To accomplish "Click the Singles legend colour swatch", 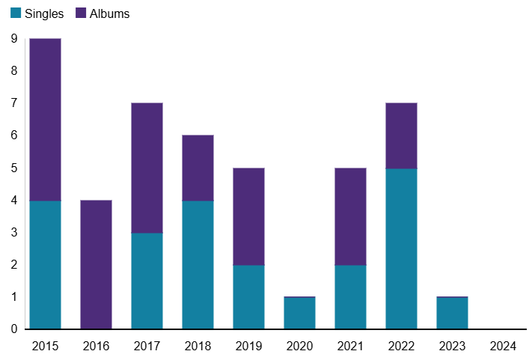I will point(16,13).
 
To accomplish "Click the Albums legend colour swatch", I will point(80,13).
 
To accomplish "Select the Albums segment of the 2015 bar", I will point(46,120).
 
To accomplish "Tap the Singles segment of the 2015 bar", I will point(46,265).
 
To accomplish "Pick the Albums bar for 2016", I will point(97,265).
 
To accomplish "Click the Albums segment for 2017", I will point(147,168).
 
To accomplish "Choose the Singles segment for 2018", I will point(198,265).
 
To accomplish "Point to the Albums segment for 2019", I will point(249,217).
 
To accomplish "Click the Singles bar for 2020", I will point(300,314).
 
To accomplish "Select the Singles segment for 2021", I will point(351,297).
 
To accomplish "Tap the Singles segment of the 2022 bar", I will point(402,249).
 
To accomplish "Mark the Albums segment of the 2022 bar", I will point(402,136).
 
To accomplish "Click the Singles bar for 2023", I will point(453,314).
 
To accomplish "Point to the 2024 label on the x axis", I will point(503,346).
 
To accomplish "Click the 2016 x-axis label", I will point(97,346).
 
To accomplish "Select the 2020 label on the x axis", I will point(300,346).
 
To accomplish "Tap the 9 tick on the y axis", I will point(13,39).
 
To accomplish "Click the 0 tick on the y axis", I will point(13,329).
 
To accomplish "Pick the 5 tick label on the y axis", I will point(13,168).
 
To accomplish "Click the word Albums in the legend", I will point(109,13).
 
